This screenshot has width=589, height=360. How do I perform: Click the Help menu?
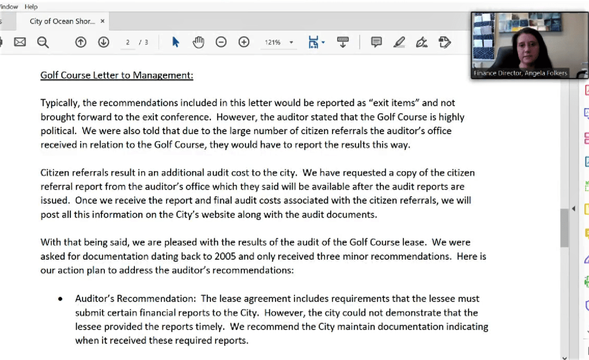tap(31, 6)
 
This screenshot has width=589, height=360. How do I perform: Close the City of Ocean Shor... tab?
tap(103, 21)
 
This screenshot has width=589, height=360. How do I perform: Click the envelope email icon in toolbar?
tap(20, 42)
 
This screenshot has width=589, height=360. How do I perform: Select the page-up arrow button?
tap(81, 42)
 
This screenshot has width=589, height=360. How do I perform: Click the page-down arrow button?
tap(103, 42)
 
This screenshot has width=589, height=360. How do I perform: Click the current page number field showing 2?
tap(127, 43)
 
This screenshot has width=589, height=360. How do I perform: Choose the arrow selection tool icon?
tap(176, 42)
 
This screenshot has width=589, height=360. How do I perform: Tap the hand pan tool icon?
tap(198, 42)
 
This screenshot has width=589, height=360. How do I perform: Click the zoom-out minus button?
tap(221, 42)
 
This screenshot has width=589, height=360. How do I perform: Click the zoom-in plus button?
tap(244, 42)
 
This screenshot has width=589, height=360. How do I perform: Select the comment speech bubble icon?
tap(376, 42)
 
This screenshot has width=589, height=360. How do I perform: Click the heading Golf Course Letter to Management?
tap(116, 75)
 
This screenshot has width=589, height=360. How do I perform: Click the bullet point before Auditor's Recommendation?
tap(60, 300)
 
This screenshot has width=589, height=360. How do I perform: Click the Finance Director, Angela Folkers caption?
tap(520, 73)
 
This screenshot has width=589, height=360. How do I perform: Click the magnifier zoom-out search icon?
tap(43, 42)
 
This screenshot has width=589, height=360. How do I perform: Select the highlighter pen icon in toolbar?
tap(399, 42)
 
